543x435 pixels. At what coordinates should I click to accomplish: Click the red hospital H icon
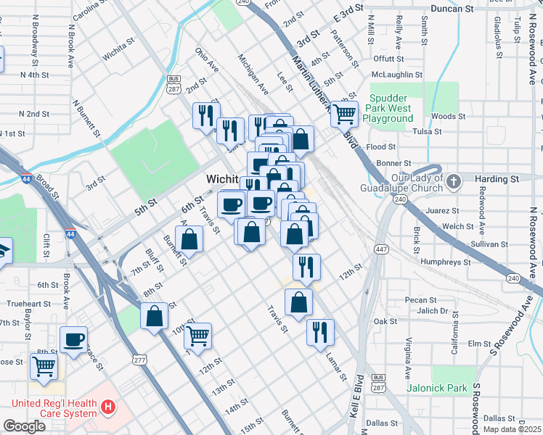(x=108, y=408)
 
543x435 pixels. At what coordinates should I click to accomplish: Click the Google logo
(x=24, y=426)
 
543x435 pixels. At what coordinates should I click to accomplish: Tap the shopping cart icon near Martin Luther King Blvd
(x=344, y=112)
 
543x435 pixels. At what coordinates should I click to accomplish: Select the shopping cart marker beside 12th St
(x=197, y=336)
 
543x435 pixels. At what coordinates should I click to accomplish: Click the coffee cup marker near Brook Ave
(x=73, y=339)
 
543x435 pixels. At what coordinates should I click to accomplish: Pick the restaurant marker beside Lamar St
(x=320, y=333)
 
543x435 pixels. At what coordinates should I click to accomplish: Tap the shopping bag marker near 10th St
(x=154, y=316)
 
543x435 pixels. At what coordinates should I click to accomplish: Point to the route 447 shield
(x=381, y=249)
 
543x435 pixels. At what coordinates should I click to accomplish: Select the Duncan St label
(x=452, y=9)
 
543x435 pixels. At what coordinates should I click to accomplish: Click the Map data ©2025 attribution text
(x=511, y=429)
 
